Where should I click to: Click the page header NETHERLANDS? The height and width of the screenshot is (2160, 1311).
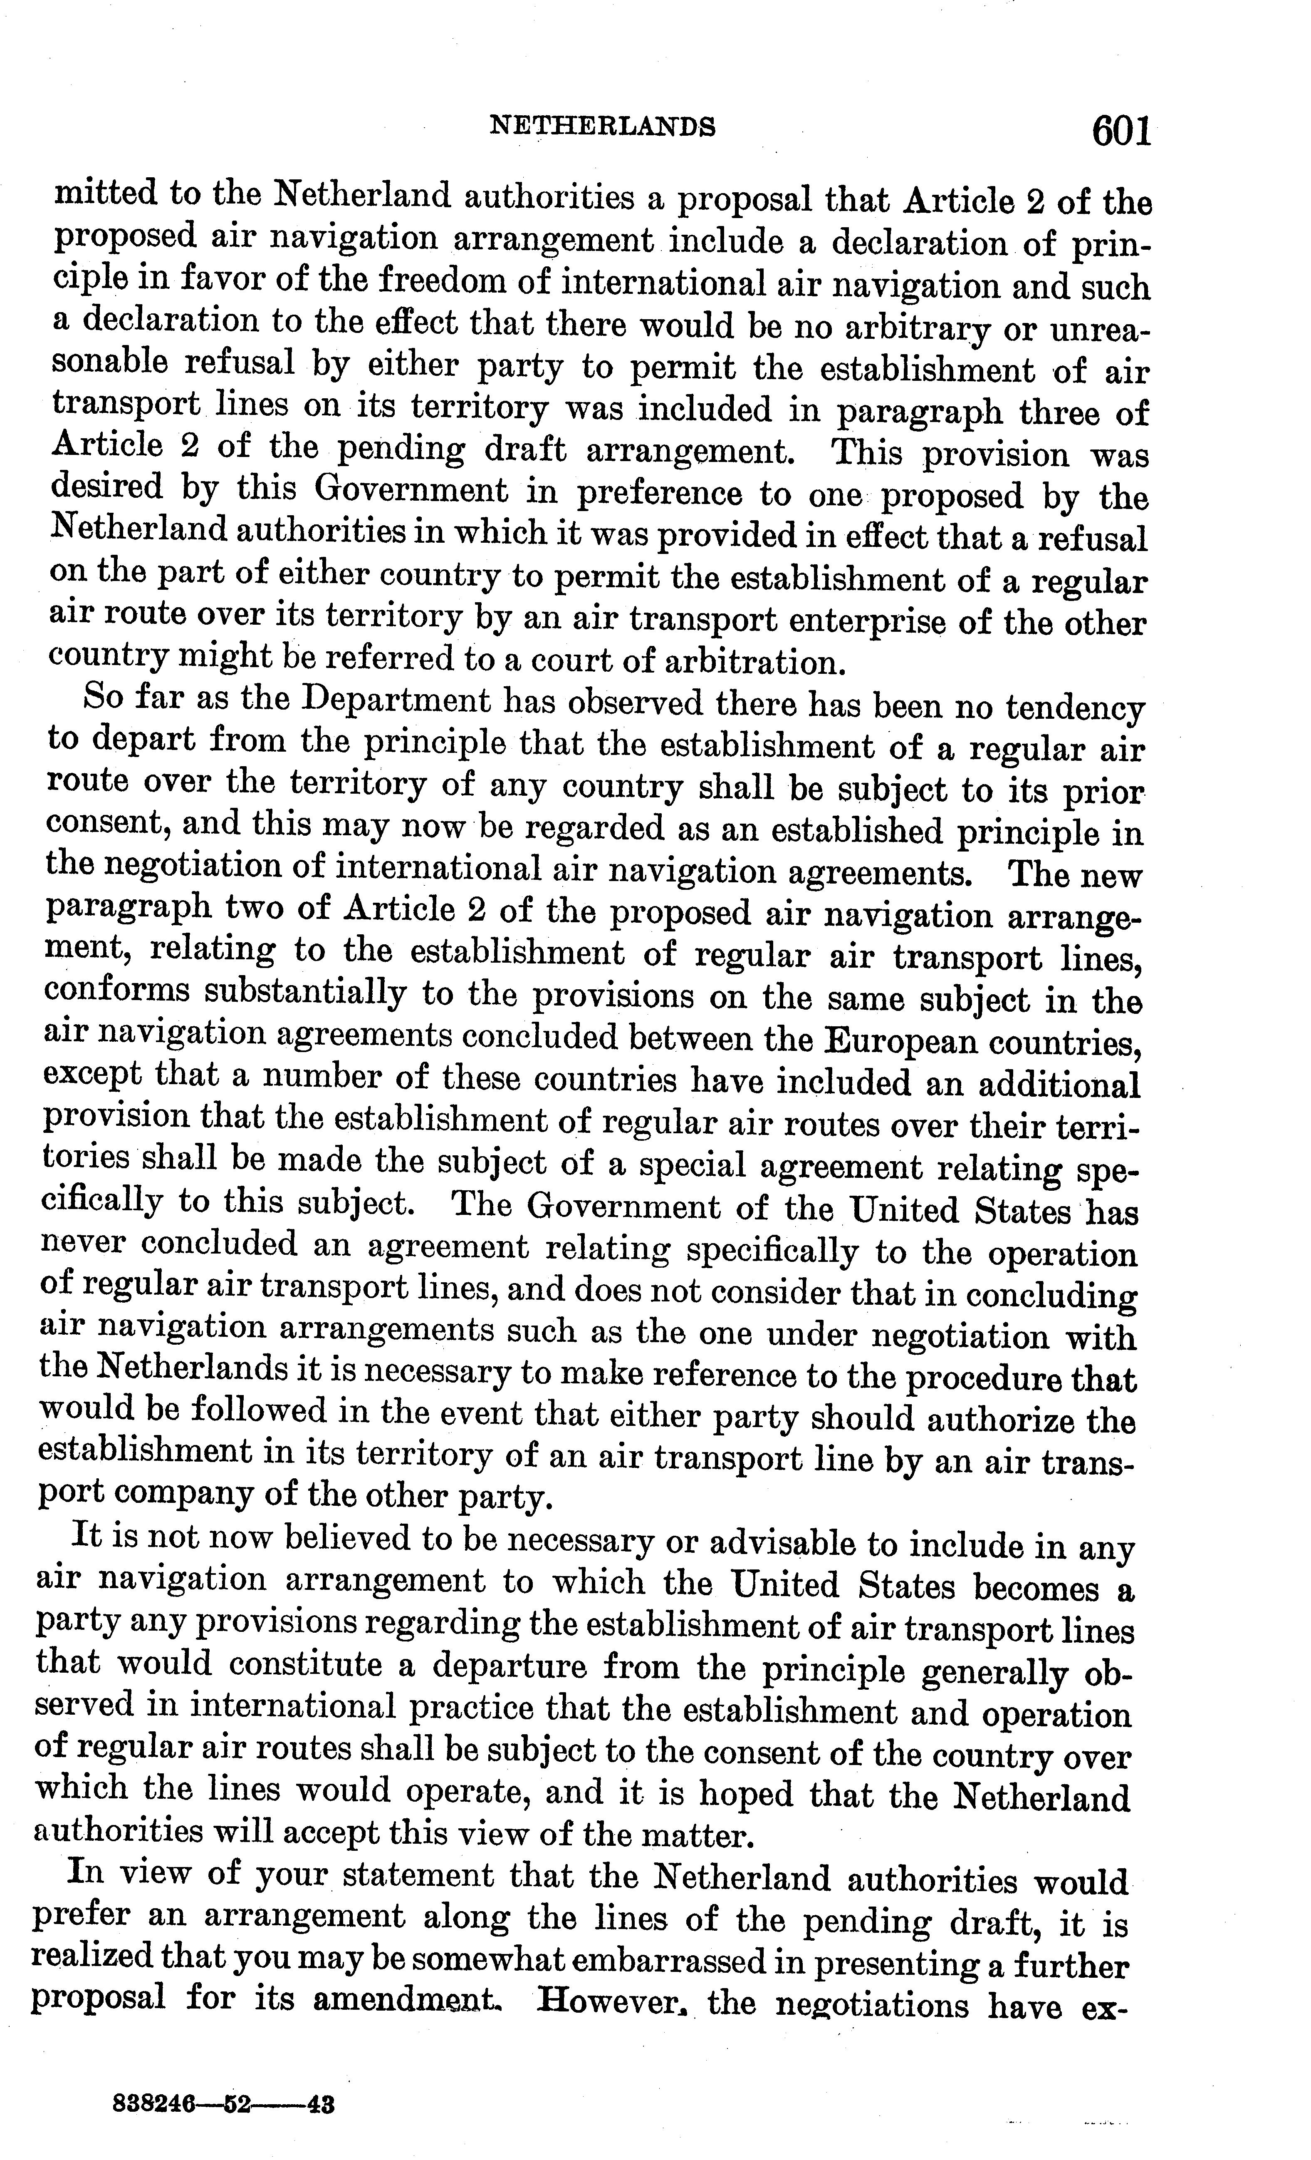[602, 128]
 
